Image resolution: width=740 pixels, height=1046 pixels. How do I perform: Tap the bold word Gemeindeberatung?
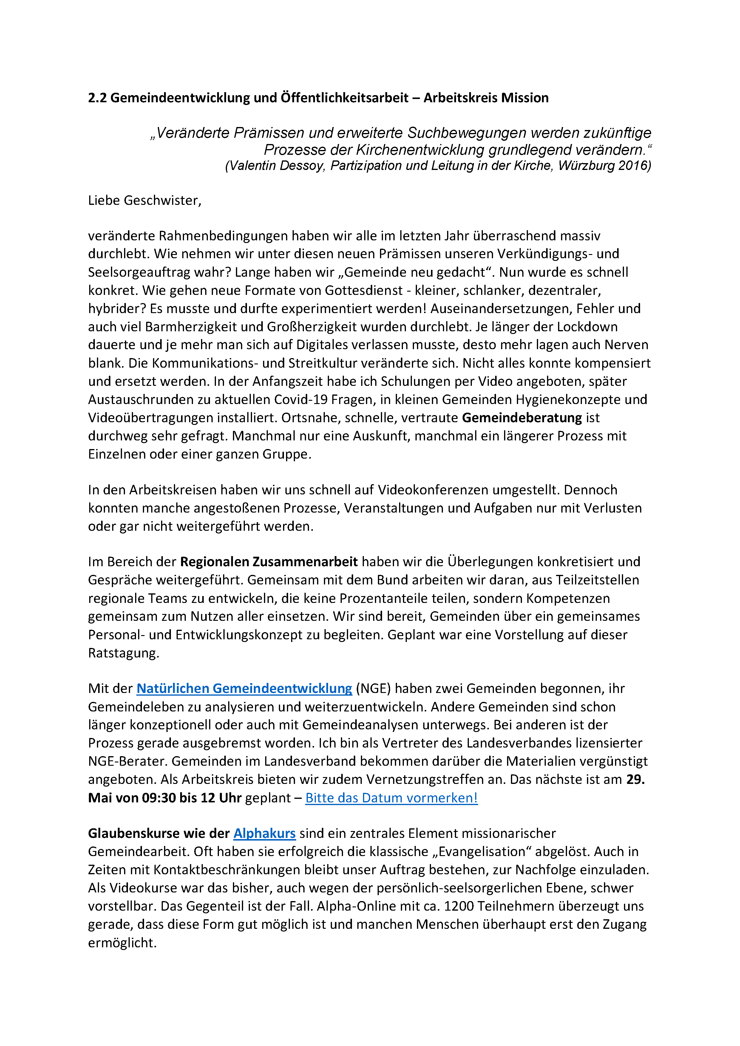pos(522,418)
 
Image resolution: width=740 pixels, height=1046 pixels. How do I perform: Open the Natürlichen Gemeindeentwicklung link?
pos(244,688)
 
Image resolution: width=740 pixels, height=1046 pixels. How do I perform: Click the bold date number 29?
pos(635,779)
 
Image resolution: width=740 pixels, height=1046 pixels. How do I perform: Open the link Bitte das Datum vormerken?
pos(391,798)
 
